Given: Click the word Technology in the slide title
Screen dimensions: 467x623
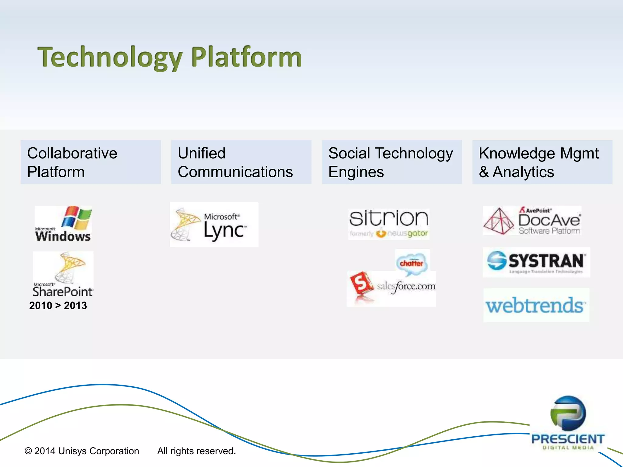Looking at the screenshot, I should (x=110, y=57).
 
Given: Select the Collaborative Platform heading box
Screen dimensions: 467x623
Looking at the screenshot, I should (x=91, y=162).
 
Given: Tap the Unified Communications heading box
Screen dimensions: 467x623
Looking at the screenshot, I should (x=241, y=162).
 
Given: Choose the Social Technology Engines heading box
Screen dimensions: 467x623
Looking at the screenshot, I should (x=392, y=162).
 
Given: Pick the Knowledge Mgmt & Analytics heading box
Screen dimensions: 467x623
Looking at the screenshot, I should (x=542, y=162).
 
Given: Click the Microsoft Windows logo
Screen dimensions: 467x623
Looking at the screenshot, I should (x=63, y=224).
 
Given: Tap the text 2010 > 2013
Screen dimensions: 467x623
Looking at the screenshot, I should (x=58, y=305).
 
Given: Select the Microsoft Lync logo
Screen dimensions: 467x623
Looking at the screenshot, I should (x=214, y=225).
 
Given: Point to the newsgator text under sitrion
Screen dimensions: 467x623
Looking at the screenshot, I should (x=408, y=233).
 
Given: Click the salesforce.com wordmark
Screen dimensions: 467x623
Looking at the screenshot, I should (x=406, y=286).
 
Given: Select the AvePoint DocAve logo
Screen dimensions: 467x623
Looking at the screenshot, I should (x=532, y=221).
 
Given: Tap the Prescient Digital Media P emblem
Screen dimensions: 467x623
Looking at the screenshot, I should (x=568, y=413).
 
